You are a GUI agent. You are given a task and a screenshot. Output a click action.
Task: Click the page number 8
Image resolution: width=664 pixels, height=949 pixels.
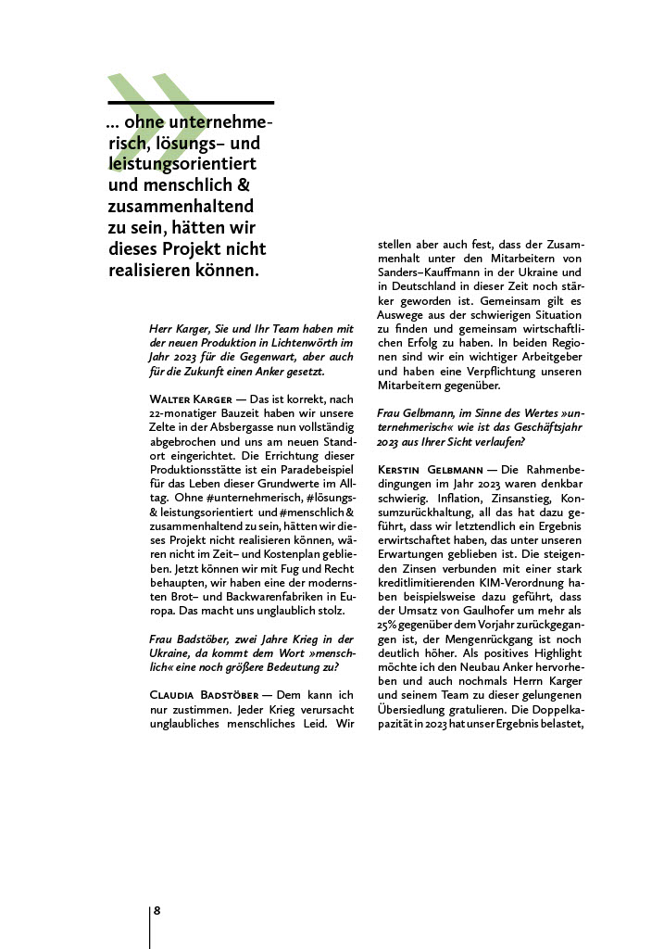[x=157, y=911]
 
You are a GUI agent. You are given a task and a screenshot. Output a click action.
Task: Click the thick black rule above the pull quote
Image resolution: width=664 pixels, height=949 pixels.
[x=191, y=102]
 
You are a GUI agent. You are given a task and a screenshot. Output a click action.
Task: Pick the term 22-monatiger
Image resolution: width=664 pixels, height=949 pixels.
[x=183, y=413]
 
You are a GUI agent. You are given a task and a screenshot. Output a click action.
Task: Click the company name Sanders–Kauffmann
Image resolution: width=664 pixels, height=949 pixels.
[x=434, y=274]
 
